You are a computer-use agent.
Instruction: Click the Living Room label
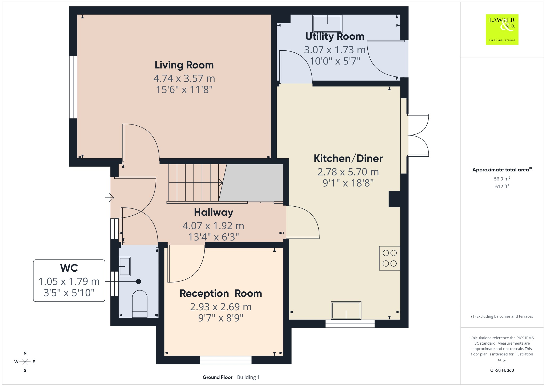[x=184, y=65]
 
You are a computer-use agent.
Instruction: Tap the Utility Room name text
[x=335, y=37]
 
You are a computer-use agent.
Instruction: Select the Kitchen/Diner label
[x=348, y=158]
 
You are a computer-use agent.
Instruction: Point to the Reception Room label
[x=221, y=293]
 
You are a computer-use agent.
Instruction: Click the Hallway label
[x=214, y=212]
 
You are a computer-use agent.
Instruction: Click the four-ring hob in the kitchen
[x=390, y=258]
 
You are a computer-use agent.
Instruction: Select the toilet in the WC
[x=140, y=304]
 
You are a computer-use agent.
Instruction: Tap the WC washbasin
[x=125, y=266]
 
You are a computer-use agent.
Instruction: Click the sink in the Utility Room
[x=327, y=23]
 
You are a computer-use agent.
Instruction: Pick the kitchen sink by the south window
[x=346, y=311]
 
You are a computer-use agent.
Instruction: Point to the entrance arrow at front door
[x=110, y=198]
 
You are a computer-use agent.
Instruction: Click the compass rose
[x=25, y=362]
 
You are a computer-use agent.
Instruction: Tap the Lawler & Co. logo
[x=502, y=30]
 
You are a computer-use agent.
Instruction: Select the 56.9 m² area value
[x=502, y=179]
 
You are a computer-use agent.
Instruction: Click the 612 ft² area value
[x=502, y=186]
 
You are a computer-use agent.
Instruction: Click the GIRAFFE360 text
[x=502, y=370]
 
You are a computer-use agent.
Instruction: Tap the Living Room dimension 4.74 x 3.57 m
[x=184, y=78]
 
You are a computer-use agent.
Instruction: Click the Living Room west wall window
[x=73, y=87]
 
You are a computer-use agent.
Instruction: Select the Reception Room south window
[x=226, y=360]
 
